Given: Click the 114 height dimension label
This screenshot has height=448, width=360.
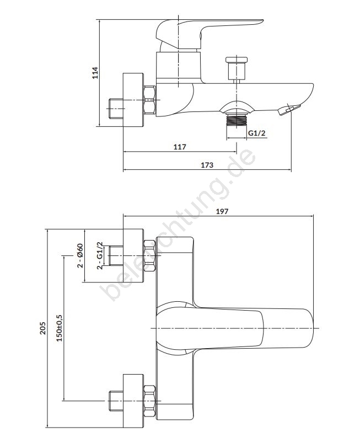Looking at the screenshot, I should point(94,74).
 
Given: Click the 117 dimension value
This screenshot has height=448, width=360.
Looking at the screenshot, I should point(179,147).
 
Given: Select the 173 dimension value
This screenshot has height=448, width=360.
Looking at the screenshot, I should point(207,165).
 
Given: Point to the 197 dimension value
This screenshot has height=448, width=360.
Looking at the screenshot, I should point(222,210).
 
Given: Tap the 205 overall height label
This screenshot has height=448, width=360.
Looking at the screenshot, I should point(43,329).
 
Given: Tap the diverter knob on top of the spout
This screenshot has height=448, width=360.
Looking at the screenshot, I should point(237,68).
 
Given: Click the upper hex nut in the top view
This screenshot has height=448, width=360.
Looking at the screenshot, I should point(149,256).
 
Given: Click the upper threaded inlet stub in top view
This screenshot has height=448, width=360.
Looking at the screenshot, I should point(116,256).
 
